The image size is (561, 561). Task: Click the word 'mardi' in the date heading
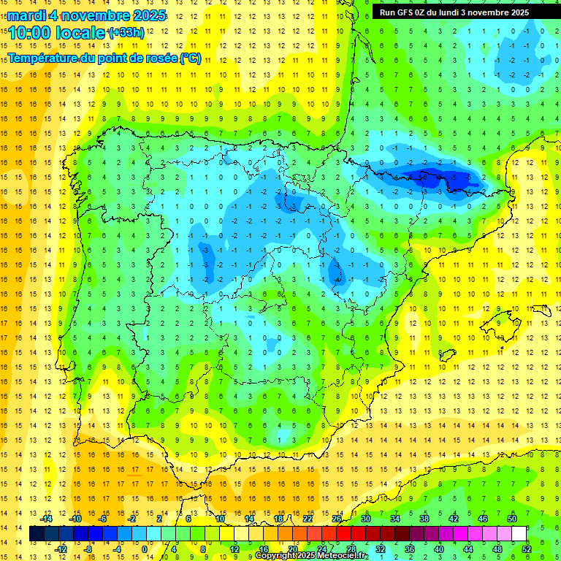tap(27, 15)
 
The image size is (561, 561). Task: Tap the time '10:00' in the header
tap(28, 33)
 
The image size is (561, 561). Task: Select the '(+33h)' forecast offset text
tap(126, 33)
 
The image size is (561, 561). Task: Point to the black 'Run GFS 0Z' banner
tap(460, 12)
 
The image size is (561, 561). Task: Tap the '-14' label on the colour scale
tap(47, 519)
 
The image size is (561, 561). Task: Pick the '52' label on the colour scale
tap(526, 549)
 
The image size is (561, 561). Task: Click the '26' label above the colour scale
tap(337, 519)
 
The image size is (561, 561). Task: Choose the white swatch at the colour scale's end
tap(519, 534)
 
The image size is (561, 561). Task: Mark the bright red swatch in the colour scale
tap(343, 534)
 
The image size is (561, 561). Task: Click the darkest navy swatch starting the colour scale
tap(37, 534)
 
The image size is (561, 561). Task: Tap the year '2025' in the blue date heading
tap(146, 15)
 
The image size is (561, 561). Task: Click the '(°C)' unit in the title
tap(191, 58)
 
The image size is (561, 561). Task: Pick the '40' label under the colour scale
tap(439, 549)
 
